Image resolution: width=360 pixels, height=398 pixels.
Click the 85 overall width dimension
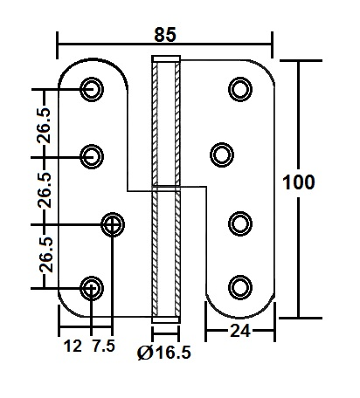(165, 35)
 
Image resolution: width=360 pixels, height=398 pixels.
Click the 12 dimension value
(73, 346)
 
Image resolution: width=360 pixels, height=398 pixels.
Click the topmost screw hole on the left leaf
(92, 88)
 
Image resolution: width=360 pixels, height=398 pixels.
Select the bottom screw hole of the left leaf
(92, 287)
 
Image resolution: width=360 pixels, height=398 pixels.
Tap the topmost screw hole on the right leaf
(239, 88)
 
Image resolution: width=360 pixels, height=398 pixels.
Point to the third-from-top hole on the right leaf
(239, 222)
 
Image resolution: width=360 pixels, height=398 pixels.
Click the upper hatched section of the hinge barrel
(166, 122)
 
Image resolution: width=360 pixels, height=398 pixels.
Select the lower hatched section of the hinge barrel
(166, 253)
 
